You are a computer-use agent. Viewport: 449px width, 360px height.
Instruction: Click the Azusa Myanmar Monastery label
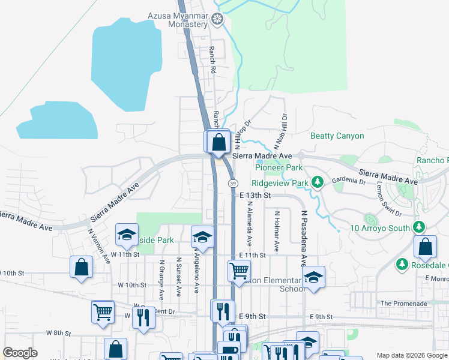(x=179, y=20)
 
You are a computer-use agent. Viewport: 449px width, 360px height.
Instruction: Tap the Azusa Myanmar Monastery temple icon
(x=217, y=20)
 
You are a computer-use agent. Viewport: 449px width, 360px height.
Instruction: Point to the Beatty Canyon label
(x=337, y=136)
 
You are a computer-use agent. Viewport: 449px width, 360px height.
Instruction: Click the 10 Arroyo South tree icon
(x=419, y=228)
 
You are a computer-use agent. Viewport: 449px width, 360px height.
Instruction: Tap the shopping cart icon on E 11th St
(x=239, y=271)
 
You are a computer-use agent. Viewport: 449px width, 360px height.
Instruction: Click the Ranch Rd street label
(x=212, y=60)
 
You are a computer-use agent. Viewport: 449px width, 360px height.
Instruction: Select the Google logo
(x=20, y=353)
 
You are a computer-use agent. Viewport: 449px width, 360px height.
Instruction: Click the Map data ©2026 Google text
(x=411, y=355)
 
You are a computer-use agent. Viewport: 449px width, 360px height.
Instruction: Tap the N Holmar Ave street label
(x=277, y=230)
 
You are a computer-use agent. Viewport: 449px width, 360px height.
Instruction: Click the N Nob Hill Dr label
(x=280, y=132)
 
